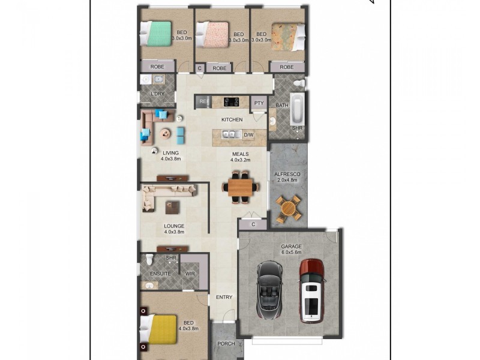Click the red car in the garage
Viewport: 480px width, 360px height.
(311, 290)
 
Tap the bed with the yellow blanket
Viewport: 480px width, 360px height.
(157, 328)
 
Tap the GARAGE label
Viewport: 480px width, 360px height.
(291, 247)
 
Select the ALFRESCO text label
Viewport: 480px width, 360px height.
(287, 174)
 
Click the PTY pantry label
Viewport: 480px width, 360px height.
(259, 103)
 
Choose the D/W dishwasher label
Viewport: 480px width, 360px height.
(248, 135)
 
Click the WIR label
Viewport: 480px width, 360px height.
(190, 274)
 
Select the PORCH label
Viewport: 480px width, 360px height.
(227, 344)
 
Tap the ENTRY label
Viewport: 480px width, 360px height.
(224, 297)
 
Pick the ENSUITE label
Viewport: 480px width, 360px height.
(160, 274)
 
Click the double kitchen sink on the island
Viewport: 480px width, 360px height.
(230, 135)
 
